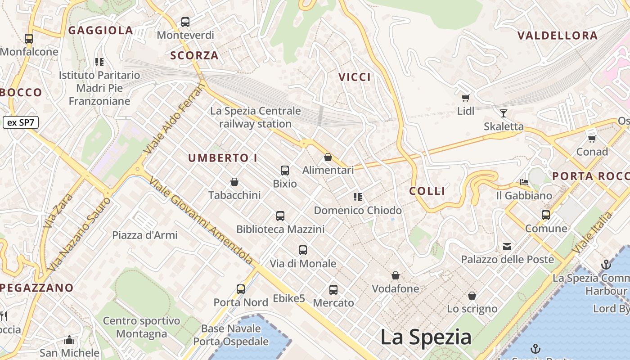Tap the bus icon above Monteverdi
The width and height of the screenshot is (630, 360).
coord(185,22)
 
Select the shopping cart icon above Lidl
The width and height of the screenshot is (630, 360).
coord(465,98)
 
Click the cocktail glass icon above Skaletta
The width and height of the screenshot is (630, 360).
coord(503,113)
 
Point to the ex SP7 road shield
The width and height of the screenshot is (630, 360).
coord(21,122)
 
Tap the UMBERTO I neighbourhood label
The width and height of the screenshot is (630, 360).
coord(222,158)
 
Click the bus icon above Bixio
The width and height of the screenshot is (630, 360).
coord(284,171)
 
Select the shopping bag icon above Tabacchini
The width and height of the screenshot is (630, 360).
coord(234,182)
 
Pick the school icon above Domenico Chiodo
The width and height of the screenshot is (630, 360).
coord(358,197)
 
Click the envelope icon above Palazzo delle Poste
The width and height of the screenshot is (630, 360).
coord(507,246)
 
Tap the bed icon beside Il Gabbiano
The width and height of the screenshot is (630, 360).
coord(524,182)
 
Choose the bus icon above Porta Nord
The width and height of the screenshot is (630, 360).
coord(241,289)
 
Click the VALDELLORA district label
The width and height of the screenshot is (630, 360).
coord(557,36)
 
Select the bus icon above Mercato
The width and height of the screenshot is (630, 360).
coord(333,290)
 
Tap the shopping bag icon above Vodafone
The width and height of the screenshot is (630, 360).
coord(395,275)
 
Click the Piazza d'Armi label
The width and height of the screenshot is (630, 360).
coord(145,235)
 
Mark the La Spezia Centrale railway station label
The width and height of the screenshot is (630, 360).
coord(256,117)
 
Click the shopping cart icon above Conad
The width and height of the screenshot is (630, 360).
coord(592,139)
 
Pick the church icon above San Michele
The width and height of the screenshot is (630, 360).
coord(69,340)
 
